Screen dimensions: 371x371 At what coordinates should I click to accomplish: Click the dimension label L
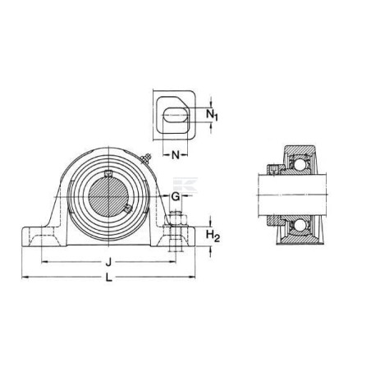tap(109, 277)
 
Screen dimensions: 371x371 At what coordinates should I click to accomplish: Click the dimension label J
tap(108, 263)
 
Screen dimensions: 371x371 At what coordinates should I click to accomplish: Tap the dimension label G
tap(175, 196)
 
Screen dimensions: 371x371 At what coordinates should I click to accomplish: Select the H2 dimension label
tap(213, 236)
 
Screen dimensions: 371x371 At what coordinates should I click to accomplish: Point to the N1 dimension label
tap(212, 115)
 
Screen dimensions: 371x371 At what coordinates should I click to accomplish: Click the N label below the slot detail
tap(176, 155)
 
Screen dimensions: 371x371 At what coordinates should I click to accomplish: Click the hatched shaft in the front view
tap(108, 197)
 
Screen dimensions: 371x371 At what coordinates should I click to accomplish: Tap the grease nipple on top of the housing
tap(146, 158)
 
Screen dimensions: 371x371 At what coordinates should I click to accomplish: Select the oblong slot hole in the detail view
tap(176, 115)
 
